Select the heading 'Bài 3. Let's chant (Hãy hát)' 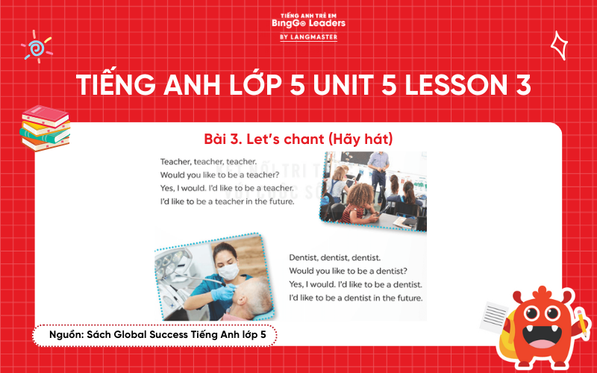pyautogui.click(x=298, y=140)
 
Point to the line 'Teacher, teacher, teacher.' pyautogui.click(x=208, y=161)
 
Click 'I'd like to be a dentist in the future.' pyautogui.click(x=355, y=298)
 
